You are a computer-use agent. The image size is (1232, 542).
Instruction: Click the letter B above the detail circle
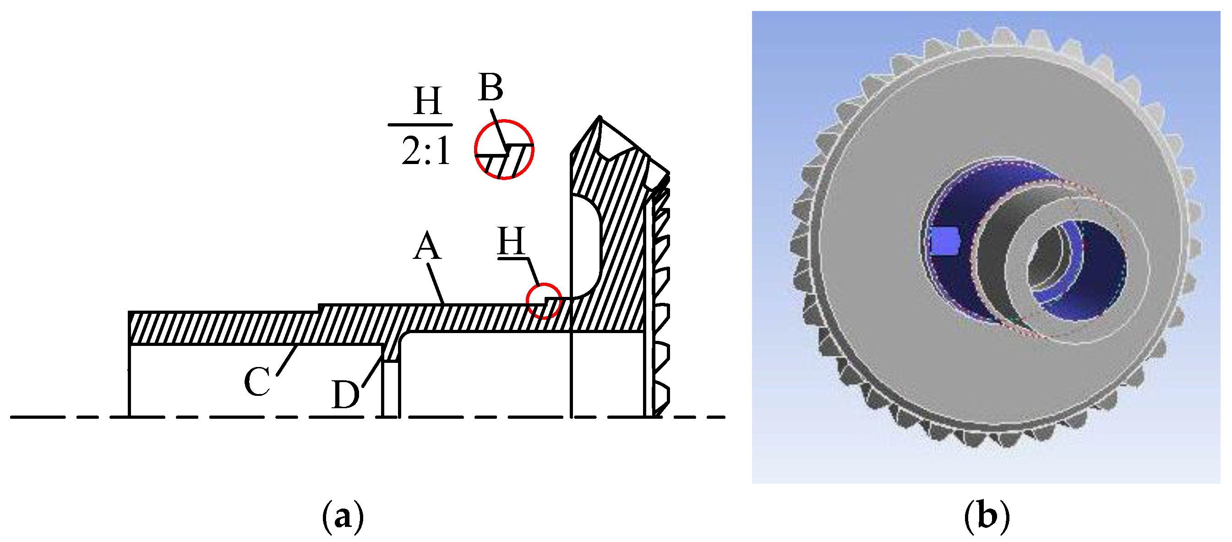tap(491, 88)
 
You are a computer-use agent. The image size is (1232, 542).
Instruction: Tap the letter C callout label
tap(257, 382)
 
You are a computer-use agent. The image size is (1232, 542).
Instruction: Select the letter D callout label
tap(345, 395)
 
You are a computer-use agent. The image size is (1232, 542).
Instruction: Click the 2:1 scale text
tap(426, 151)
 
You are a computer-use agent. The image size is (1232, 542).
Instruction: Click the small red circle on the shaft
tap(544, 301)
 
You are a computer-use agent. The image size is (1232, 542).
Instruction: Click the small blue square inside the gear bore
tap(944, 241)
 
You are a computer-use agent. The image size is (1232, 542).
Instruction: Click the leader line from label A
tap(436, 284)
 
